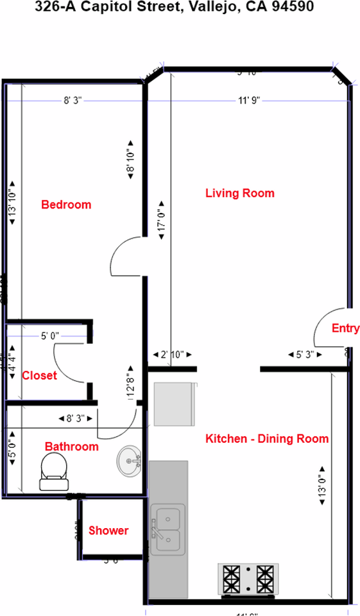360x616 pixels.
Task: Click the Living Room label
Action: tap(239, 193)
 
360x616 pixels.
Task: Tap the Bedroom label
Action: tap(66, 205)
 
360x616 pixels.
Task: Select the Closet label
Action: tap(39, 375)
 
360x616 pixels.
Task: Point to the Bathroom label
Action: tap(71, 447)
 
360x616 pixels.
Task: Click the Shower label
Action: tap(108, 531)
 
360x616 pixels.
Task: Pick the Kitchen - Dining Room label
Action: tap(267, 439)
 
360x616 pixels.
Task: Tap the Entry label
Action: tap(345, 329)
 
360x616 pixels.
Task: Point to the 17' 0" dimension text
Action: tap(161, 220)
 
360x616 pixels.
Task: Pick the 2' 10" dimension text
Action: tap(172, 354)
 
